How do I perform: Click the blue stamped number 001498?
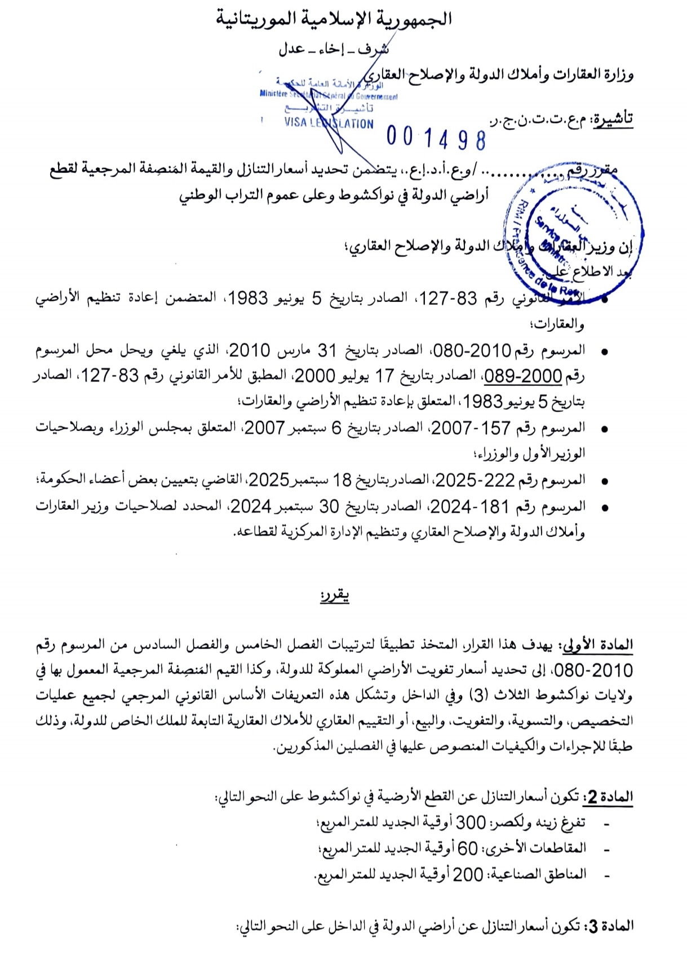[436, 139]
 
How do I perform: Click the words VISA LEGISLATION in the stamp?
[329, 123]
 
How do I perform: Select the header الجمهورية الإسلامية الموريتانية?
[334, 19]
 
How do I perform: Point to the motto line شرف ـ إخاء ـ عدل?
[334, 49]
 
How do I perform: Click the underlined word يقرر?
[335, 596]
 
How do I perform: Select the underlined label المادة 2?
[609, 797]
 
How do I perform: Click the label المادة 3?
[610, 926]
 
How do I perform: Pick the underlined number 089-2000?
[523, 376]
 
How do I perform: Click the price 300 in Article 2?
[471, 822]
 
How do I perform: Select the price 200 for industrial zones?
[468, 874]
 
